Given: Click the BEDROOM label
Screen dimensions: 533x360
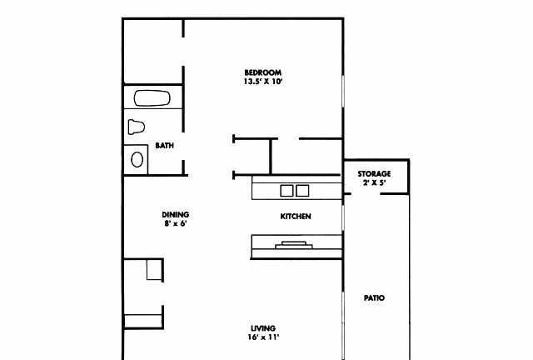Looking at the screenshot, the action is click(263, 72).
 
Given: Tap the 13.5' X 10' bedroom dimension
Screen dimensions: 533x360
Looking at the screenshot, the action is click(263, 82).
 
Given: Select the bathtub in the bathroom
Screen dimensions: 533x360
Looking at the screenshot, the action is click(152, 98).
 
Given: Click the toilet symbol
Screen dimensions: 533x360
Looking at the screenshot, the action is click(137, 127).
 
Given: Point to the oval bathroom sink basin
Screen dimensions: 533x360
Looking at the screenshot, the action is click(137, 159).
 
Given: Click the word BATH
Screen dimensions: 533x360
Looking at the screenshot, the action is click(165, 146).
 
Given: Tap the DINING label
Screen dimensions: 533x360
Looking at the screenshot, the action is click(176, 215).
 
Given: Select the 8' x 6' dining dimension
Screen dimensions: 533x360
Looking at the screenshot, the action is click(176, 224).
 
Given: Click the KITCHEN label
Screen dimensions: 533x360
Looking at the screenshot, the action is click(296, 217).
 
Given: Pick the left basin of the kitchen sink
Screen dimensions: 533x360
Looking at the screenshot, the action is click(286, 191).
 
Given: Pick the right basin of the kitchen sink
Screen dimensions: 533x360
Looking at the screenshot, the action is click(302, 191).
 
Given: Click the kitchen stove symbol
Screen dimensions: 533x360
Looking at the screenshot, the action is click(294, 245).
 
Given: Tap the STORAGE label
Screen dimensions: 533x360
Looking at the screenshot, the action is click(374, 174).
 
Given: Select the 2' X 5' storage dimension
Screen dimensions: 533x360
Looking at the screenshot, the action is click(374, 182).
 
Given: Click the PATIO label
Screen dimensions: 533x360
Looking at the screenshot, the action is click(374, 298).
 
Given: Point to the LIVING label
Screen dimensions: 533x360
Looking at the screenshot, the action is click(263, 328).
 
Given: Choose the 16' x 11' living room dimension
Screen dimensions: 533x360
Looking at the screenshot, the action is click(263, 337).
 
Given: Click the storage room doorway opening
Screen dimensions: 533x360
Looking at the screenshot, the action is click(366, 194).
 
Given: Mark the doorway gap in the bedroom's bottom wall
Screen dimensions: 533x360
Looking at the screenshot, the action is click(289, 139).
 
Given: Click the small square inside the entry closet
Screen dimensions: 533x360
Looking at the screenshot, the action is click(154, 269).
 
